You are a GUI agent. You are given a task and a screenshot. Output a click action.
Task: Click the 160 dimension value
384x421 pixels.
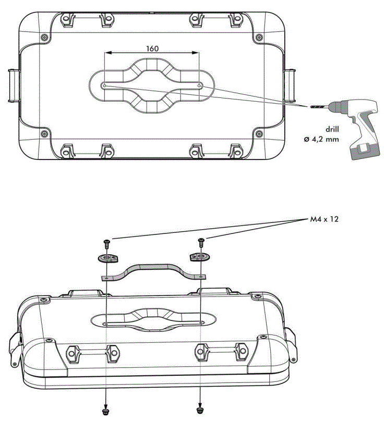152,48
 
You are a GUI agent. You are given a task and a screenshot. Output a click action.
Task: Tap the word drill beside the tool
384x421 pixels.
332,129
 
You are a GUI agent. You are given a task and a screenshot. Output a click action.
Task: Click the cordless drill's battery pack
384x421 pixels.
364,152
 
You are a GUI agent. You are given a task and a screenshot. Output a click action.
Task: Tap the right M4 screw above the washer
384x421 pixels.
201,242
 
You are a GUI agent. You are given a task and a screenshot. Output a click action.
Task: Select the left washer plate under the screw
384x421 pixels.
107,258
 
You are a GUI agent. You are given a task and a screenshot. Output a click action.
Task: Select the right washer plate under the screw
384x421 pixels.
199,257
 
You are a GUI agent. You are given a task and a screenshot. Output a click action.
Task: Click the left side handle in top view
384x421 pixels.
13,85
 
